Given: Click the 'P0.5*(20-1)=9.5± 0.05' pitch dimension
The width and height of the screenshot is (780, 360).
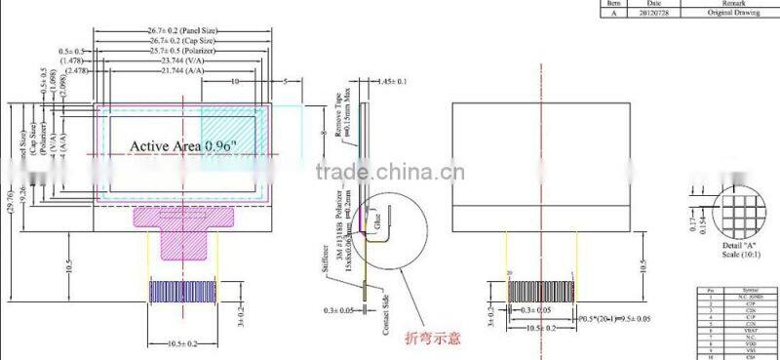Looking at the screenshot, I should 627,318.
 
